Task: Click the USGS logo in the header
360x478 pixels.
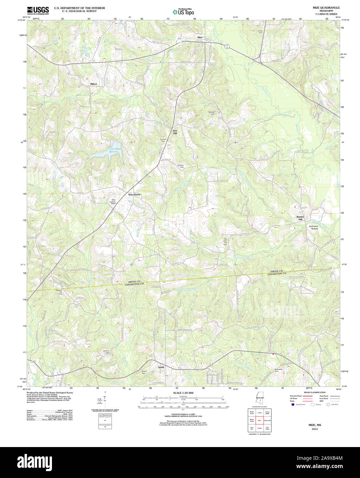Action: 38,10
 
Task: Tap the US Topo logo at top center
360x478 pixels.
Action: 183,12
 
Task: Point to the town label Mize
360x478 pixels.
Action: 200,37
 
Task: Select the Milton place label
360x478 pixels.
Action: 94,84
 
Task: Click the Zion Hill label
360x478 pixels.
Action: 175,132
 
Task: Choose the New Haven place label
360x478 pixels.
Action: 134,195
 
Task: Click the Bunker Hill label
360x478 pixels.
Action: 300,218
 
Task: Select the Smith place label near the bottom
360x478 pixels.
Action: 161,367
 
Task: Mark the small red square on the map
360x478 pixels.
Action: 273,354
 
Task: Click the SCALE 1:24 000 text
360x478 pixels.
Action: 183,393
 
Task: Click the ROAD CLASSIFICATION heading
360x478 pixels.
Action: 315,392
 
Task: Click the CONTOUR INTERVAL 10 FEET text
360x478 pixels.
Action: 183,414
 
